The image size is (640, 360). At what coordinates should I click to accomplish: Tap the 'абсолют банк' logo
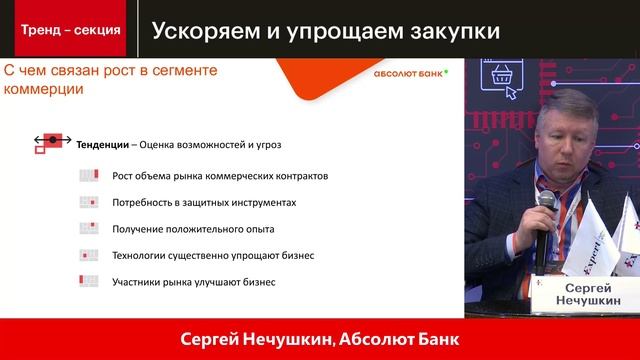(x=410, y=73)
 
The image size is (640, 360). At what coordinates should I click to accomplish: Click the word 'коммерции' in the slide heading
(x=44, y=89)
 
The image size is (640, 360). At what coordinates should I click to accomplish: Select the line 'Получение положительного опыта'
(x=185, y=229)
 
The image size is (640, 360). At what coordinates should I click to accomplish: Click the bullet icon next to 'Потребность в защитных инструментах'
(x=90, y=202)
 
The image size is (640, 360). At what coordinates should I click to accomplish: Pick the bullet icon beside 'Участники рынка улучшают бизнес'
(x=90, y=282)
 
